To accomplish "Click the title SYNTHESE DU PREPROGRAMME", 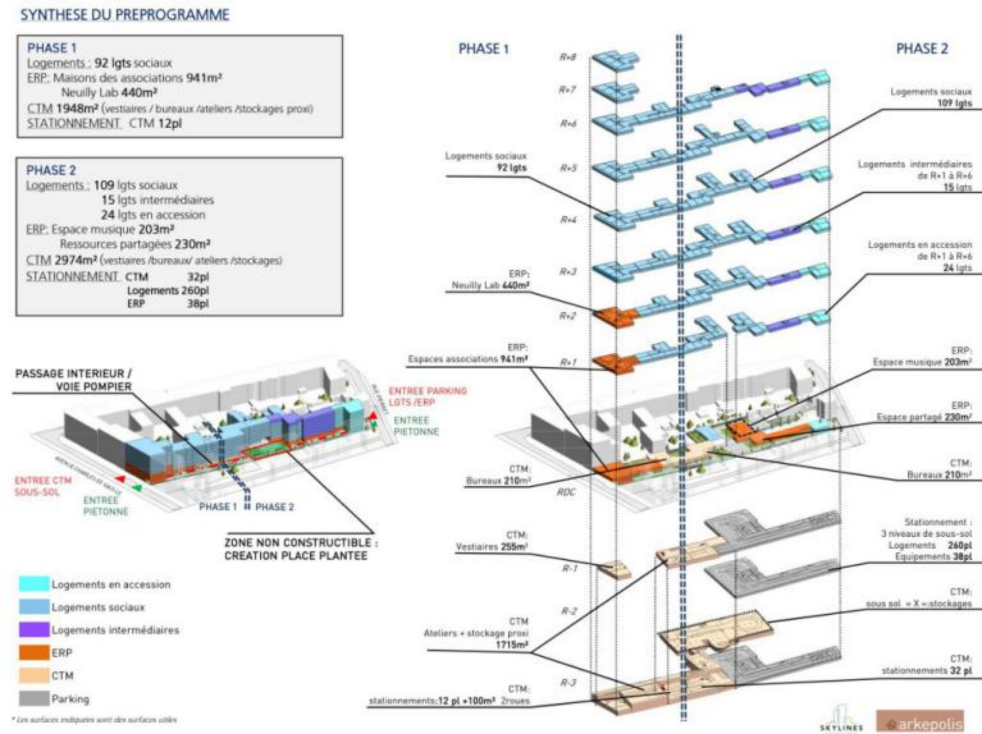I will pyautogui.click(x=125, y=15).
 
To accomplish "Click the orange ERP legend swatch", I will pyautogui.click(x=34, y=653).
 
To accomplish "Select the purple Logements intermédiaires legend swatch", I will pyautogui.click(x=34, y=629).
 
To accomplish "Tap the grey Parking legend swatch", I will pyautogui.click(x=34, y=698).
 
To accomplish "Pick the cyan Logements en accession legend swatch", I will pyautogui.click(x=34, y=584).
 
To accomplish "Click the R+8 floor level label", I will pyautogui.click(x=568, y=57).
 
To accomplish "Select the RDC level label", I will pyautogui.click(x=566, y=492).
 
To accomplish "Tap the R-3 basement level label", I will pyautogui.click(x=569, y=682).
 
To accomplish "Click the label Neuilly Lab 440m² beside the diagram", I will pyautogui.click(x=490, y=285).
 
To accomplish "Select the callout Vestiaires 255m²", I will pyautogui.click(x=491, y=547).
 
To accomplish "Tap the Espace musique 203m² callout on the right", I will pyautogui.click(x=922, y=362).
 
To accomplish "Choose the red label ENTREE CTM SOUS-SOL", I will pyautogui.click(x=43, y=486).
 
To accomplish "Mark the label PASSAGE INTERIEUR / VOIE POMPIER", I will pyautogui.click(x=74, y=380).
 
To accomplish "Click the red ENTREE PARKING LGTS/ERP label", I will pyautogui.click(x=427, y=396).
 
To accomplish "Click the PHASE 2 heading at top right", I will pyautogui.click(x=922, y=49).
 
